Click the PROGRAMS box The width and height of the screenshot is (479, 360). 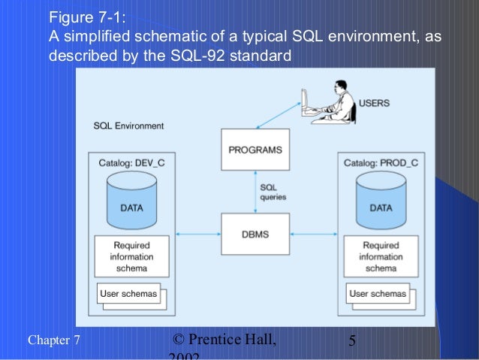pyautogui.click(x=255, y=150)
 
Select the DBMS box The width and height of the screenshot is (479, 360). pyautogui.click(x=255, y=234)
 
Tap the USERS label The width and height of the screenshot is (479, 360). pyautogui.click(x=374, y=103)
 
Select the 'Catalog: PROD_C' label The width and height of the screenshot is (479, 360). pyautogui.click(x=381, y=162)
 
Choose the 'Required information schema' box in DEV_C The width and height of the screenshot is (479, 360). pyautogui.click(x=131, y=256)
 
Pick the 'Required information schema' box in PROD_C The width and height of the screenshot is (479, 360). pyautogui.click(x=381, y=256)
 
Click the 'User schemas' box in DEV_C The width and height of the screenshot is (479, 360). pyautogui.click(x=128, y=294)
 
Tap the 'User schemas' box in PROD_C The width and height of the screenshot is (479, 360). pyautogui.click(x=378, y=294)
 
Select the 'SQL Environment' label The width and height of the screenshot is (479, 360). pyautogui.click(x=128, y=126)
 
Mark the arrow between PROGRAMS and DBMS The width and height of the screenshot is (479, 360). pyautogui.click(x=255, y=192)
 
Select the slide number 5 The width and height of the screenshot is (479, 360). pyautogui.click(x=352, y=343)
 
